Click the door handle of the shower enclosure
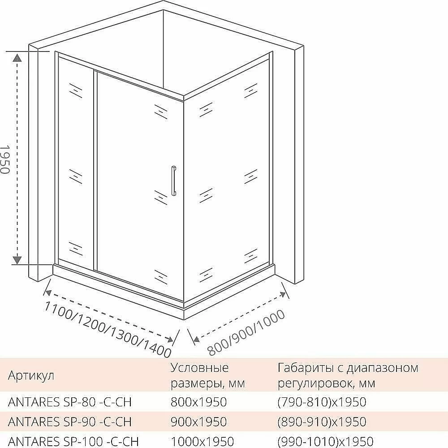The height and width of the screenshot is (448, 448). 173,181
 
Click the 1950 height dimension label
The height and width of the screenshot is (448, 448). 5,159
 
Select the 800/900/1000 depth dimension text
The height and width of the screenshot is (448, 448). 246,333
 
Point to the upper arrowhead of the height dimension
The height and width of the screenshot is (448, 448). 17,57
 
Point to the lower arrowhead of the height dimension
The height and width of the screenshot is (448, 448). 17,260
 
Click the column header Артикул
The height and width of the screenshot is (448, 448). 31,375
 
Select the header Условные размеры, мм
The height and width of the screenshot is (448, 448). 208,375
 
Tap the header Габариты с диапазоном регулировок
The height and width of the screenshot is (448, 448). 348,375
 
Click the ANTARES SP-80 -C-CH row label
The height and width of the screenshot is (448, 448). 70,402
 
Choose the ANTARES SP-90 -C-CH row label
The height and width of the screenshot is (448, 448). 70,422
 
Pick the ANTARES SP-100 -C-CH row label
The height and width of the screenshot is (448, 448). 73,441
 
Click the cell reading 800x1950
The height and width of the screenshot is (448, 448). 198,402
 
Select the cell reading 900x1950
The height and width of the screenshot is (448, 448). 198,422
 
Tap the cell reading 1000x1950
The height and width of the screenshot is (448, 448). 202,441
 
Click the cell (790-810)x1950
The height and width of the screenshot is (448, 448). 322,402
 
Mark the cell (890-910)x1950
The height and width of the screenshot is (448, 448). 322,422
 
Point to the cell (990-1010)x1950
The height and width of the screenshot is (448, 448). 325,441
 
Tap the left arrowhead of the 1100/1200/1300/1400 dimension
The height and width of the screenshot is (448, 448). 48,293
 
